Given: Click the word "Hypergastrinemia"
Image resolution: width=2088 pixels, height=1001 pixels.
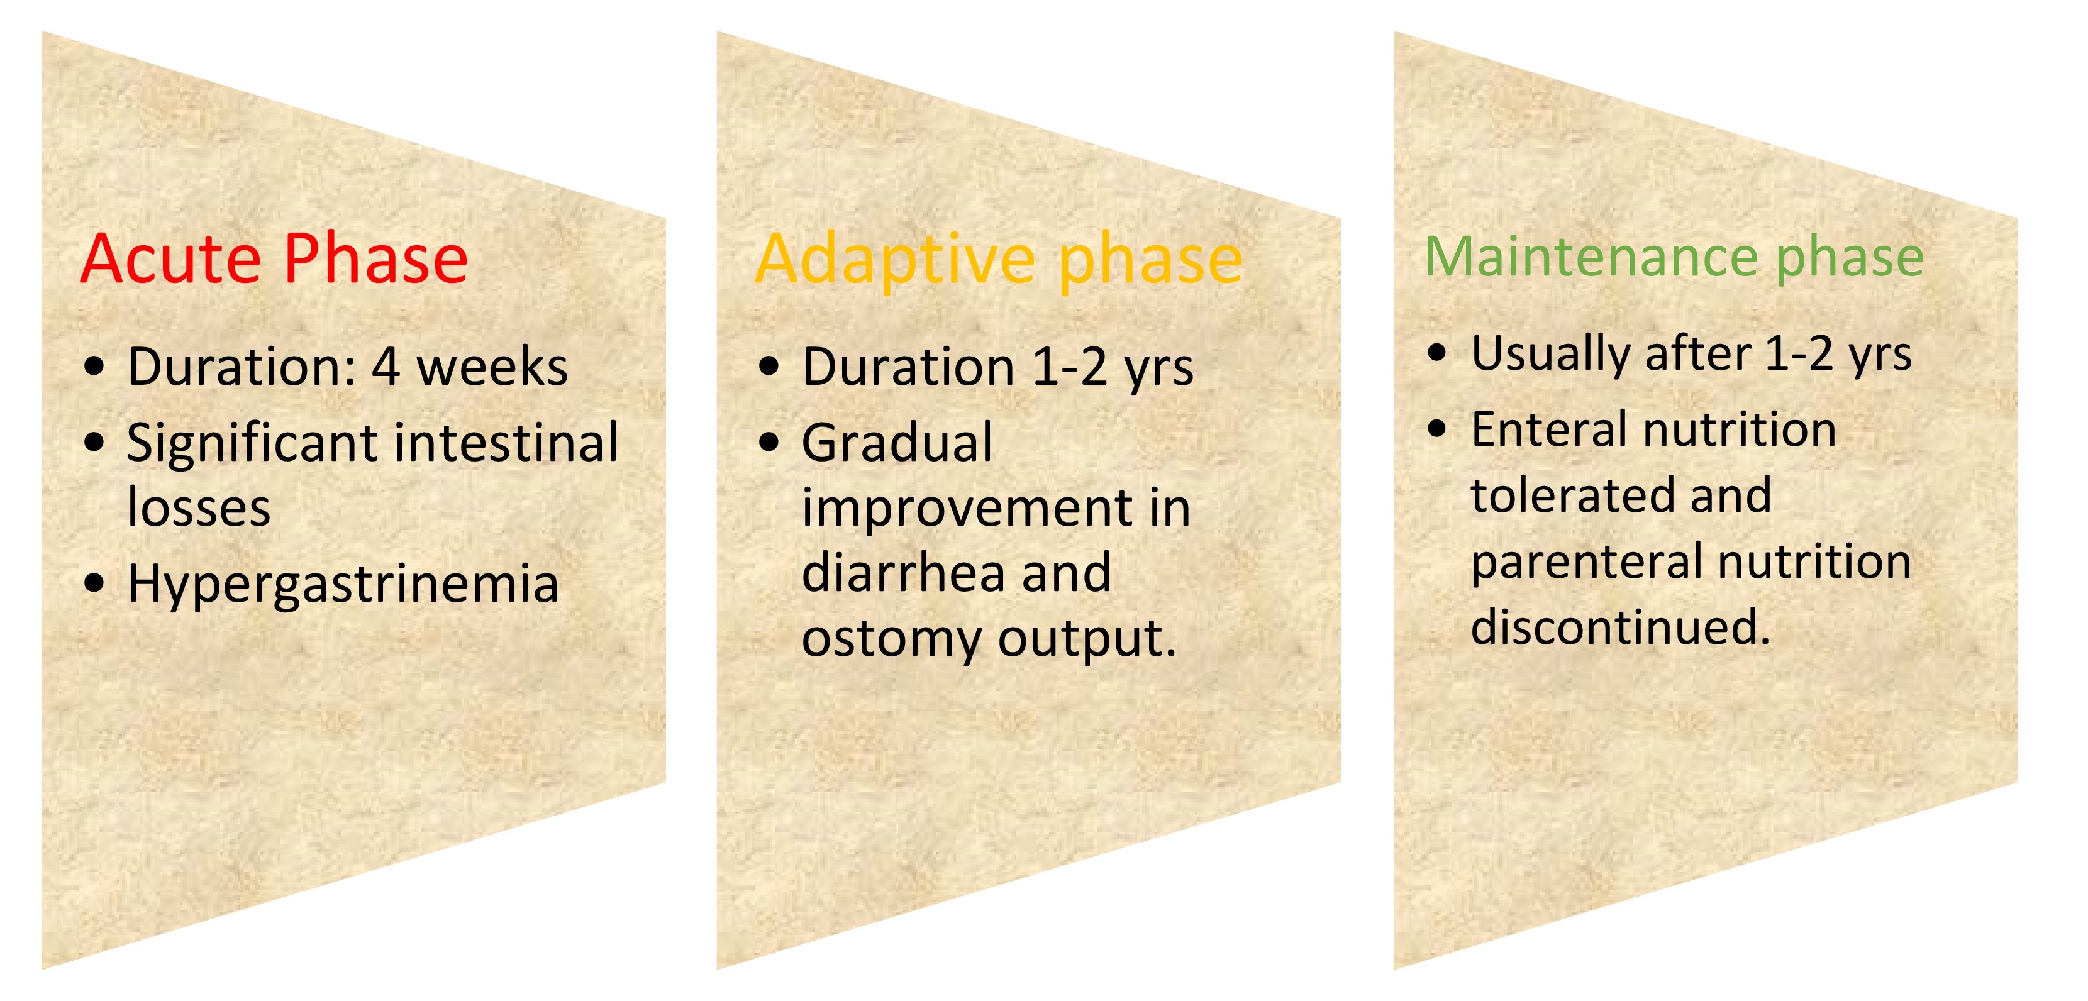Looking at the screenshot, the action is pyautogui.click(x=343, y=584).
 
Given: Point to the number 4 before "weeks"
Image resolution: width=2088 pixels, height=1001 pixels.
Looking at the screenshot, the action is pyautogui.click(x=386, y=367).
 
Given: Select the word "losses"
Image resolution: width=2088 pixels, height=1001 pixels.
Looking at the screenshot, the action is pyautogui.click(x=199, y=508).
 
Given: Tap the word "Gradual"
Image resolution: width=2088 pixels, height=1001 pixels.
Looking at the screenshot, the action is pyautogui.click(x=896, y=443).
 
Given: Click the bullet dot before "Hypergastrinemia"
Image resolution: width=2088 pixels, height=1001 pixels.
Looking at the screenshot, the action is pyautogui.click(x=95, y=583).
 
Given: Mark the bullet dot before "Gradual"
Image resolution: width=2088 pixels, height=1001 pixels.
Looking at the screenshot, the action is pyautogui.click(x=769, y=443).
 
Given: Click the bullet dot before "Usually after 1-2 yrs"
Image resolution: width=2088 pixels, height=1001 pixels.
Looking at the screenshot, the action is pyautogui.click(x=1437, y=353).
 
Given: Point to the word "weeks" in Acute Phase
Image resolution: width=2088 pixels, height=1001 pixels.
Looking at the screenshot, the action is pyautogui.click(x=492, y=367).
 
